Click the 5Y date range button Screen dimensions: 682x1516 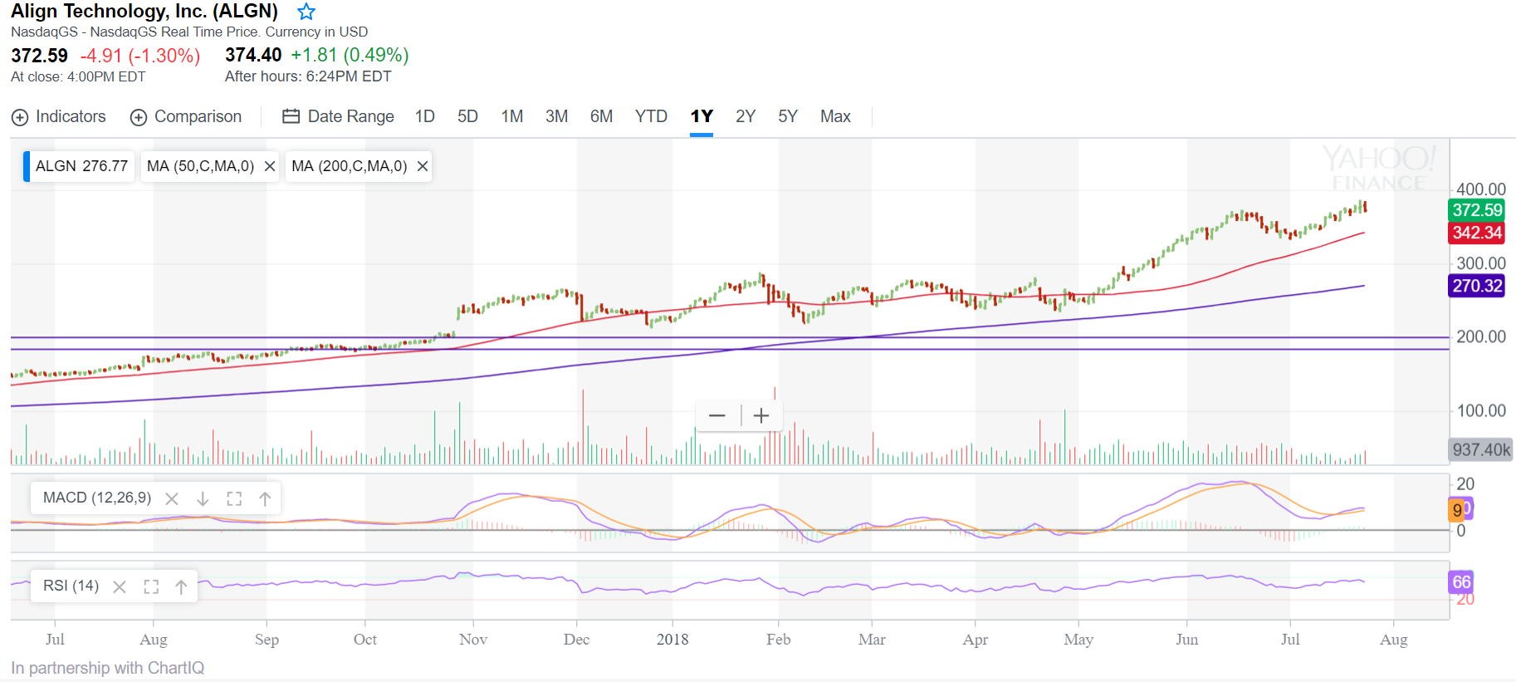787,116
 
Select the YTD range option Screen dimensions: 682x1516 651,116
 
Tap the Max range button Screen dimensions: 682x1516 835,116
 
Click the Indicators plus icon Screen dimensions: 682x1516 20,117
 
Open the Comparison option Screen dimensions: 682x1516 186,117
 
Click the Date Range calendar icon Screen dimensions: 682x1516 291,116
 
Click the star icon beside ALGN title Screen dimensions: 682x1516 306,12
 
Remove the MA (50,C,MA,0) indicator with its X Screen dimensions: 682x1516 270,166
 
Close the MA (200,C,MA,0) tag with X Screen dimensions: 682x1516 423,166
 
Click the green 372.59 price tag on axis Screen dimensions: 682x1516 1476,210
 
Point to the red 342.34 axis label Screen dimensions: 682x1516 1476,233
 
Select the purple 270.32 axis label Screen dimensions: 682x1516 1476,286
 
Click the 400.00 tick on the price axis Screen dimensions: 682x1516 1480,189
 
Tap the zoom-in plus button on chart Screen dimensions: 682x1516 761,415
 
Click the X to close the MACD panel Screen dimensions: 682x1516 172,498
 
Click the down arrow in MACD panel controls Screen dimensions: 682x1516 203,498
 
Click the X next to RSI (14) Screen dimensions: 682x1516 120,586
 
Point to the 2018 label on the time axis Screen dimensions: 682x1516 672,639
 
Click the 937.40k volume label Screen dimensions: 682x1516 1481,449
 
